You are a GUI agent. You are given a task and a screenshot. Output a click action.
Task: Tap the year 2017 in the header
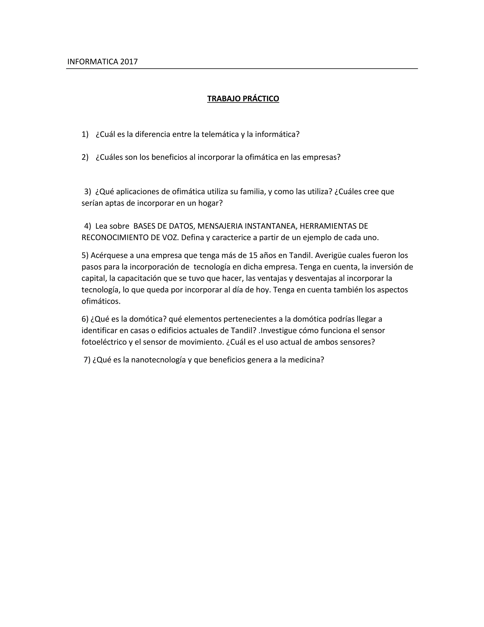click(x=129, y=62)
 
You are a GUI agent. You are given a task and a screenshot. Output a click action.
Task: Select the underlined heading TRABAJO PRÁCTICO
click(x=243, y=99)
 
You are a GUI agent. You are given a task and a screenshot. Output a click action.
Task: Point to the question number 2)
click(x=85, y=157)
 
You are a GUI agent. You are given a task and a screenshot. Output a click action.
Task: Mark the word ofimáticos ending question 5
click(x=101, y=301)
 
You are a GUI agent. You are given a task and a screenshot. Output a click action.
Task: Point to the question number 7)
click(x=87, y=360)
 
